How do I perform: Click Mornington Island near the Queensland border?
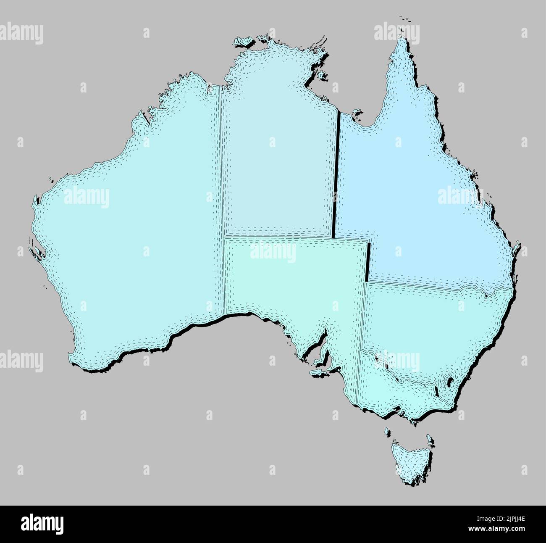point(357,112)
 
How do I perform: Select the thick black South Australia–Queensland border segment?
point(368,261)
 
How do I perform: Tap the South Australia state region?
point(294,286)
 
